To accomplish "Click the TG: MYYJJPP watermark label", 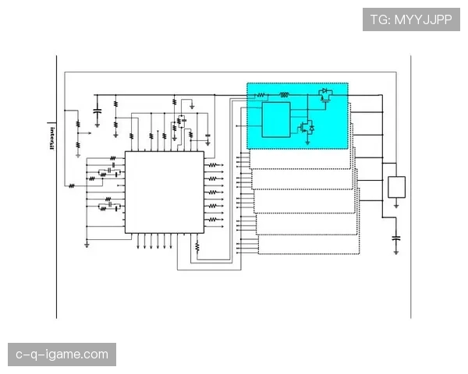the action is click(x=411, y=19).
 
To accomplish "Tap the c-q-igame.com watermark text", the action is click(x=62, y=355).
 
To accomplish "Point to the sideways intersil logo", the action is click(x=52, y=139).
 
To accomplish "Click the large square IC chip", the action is click(x=165, y=192).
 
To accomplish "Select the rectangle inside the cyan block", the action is click(x=276, y=119).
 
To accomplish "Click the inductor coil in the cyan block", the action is click(x=284, y=95).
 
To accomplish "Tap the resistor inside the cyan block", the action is click(x=261, y=95).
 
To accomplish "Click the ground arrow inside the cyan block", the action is click(x=307, y=143).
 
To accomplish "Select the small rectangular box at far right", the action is click(x=397, y=187).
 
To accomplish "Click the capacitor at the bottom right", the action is click(x=396, y=238).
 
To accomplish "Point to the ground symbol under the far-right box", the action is click(x=396, y=206).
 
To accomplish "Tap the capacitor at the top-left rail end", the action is click(x=97, y=111).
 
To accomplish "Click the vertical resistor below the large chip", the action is click(x=197, y=246).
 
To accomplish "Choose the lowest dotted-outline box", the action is click(x=309, y=245).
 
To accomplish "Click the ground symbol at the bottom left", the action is click(x=87, y=245).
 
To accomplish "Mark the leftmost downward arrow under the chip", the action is click(x=138, y=241).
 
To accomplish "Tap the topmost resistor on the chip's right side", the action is click(x=212, y=164).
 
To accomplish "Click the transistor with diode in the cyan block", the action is click(x=307, y=127).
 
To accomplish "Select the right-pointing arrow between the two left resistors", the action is click(x=85, y=133).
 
